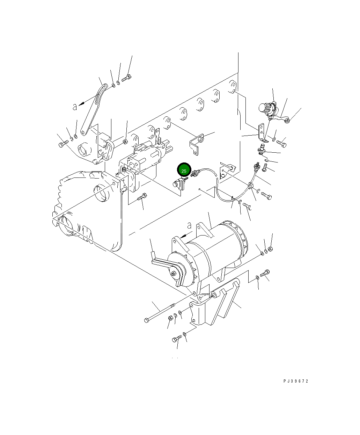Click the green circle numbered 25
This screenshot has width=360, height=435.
click(x=184, y=171)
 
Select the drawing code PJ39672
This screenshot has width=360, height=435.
click(x=296, y=381)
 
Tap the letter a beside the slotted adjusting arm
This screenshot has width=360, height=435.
click(x=75, y=107)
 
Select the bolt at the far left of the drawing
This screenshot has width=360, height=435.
click(x=63, y=144)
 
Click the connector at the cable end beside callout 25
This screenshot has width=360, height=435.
click(x=196, y=173)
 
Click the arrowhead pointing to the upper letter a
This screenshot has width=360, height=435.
click(x=82, y=103)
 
